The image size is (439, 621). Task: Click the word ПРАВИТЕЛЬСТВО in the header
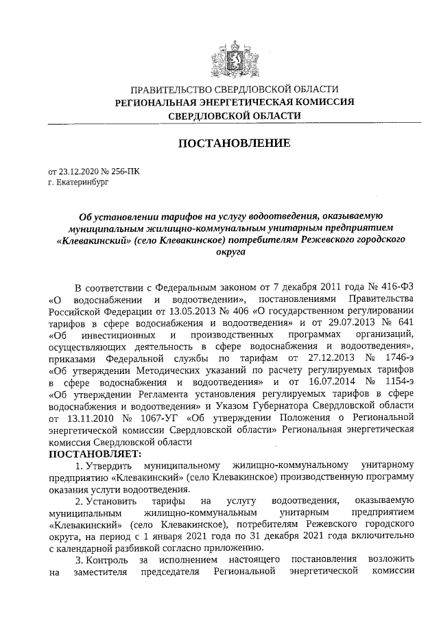point(173,90)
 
